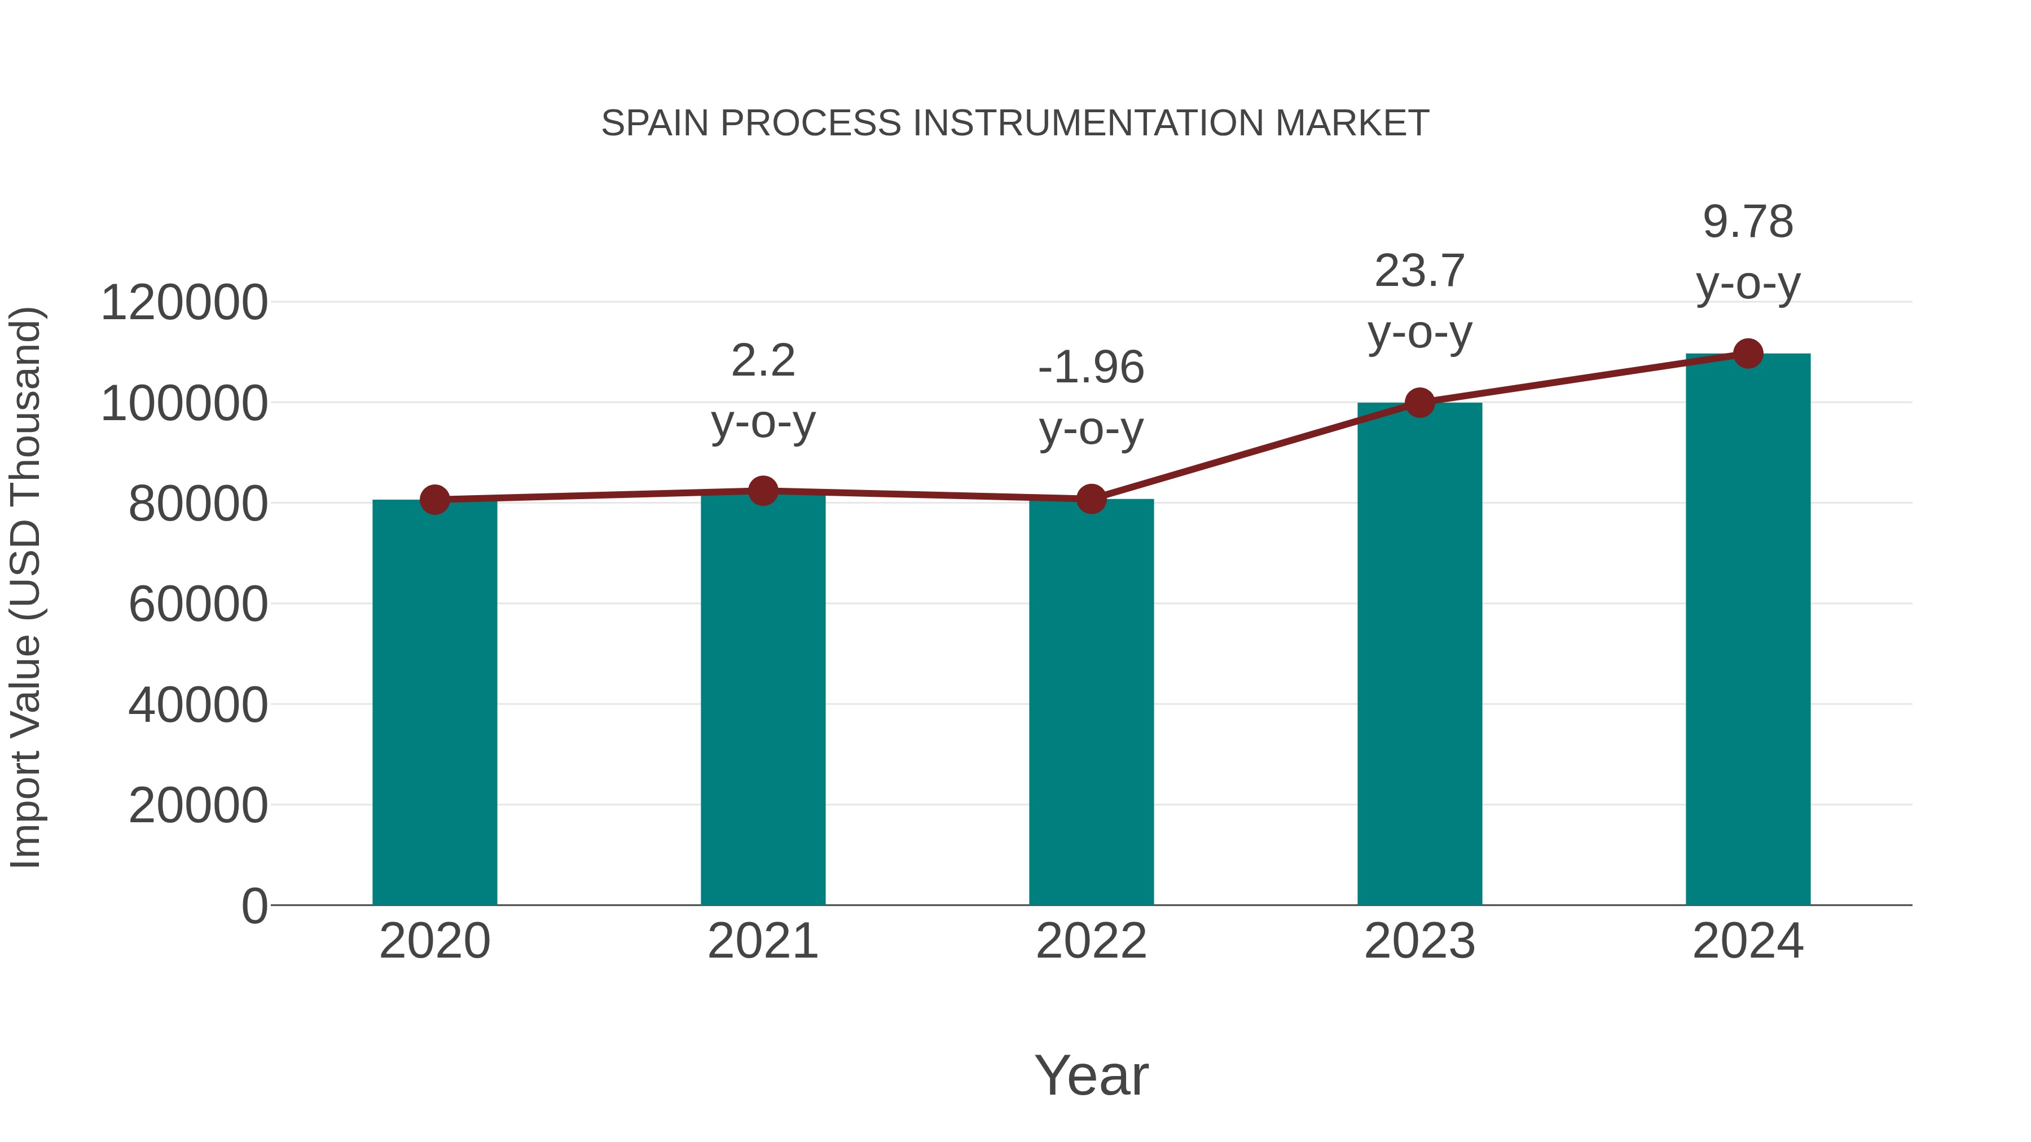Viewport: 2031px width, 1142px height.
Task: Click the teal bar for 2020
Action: [x=434, y=702]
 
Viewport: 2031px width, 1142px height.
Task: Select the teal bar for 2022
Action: [x=1091, y=702]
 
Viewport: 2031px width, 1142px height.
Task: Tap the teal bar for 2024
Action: [x=1748, y=630]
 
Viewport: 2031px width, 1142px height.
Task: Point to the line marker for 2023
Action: [x=1419, y=403]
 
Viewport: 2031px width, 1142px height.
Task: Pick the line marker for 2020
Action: [x=434, y=499]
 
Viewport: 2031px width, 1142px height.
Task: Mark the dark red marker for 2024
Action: [x=1748, y=354]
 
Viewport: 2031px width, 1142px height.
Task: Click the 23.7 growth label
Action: [x=1419, y=271]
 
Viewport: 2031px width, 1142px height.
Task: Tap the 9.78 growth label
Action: [x=1748, y=222]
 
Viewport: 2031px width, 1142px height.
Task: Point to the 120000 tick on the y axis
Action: [x=184, y=303]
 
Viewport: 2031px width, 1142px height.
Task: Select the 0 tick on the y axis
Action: [x=254, y=906]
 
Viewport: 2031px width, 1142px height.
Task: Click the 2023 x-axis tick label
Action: [x=1419, y=941]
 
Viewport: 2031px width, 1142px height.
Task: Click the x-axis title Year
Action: [x=1091, y=1075]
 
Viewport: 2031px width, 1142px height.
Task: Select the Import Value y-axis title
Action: [x=26, y=587]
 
